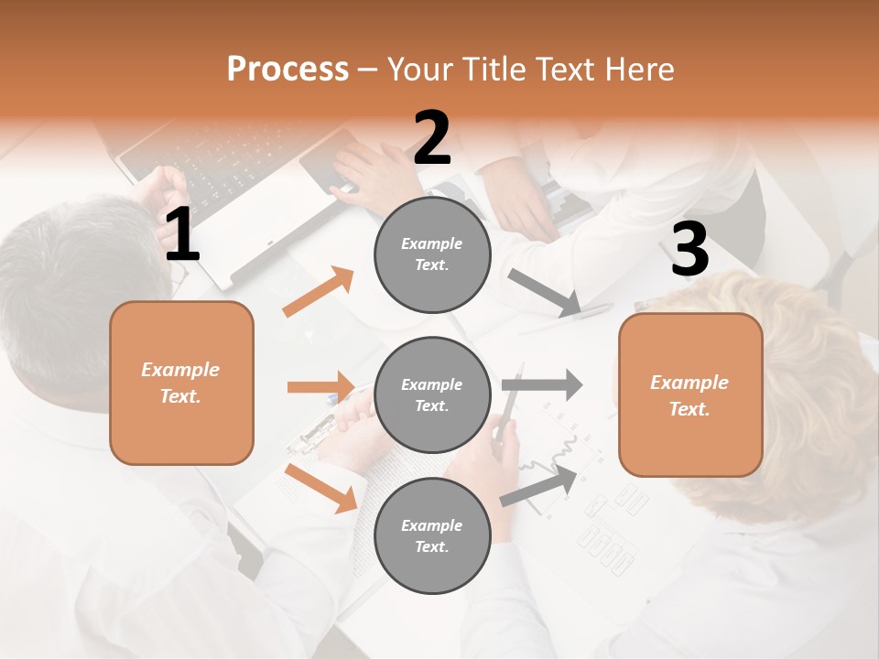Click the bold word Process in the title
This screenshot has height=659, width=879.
pos(288,70)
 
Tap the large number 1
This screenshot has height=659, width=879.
pos(182,235)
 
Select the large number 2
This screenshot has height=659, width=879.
pos(432,138)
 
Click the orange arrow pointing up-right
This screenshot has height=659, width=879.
pos(319,292)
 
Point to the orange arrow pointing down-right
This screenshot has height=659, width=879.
pos(321,488)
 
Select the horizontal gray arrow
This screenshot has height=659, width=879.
pos(542,385)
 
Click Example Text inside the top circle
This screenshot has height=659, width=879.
pos(432,254)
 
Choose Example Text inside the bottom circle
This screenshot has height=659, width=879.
pos(432,536)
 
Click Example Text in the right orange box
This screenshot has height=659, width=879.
pos(689,395)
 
